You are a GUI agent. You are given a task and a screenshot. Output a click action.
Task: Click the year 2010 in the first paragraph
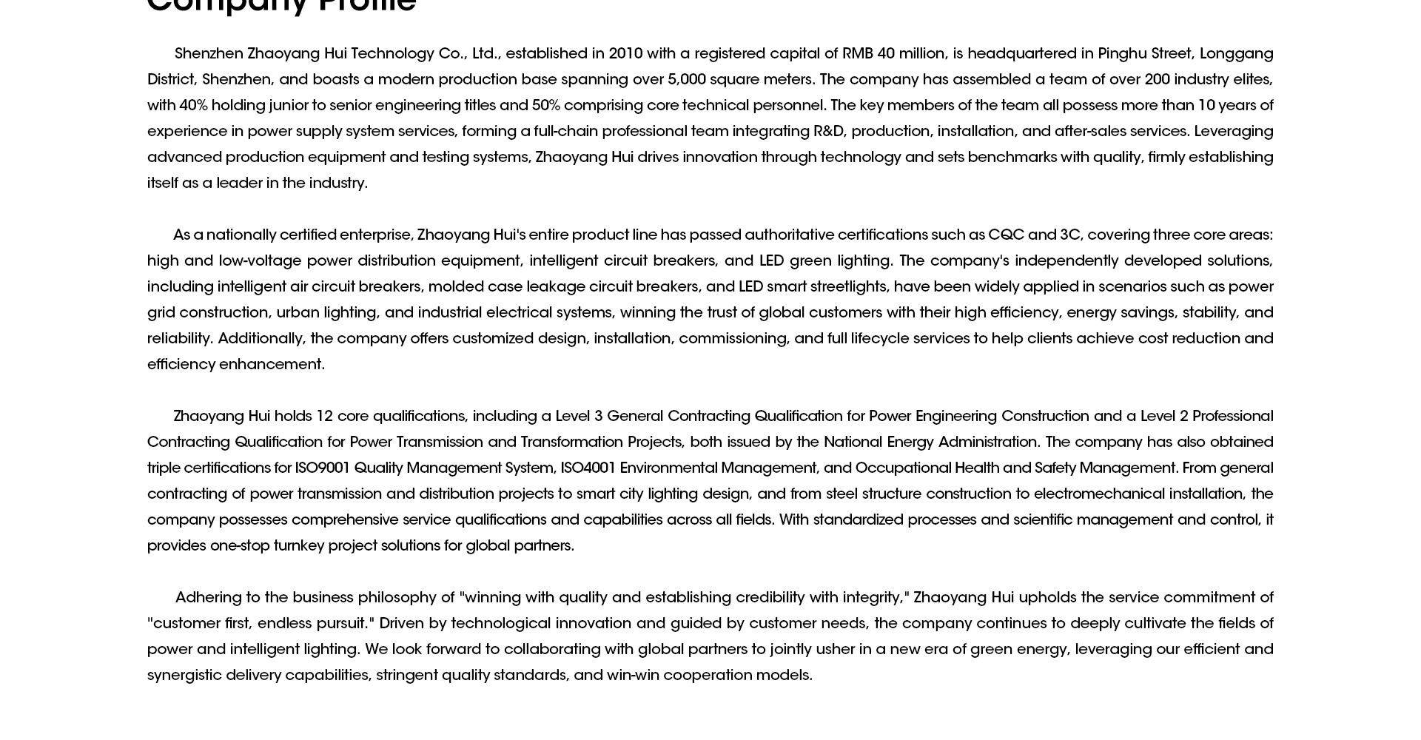click(x=625, y=54)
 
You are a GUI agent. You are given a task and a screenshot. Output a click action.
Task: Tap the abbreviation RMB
click(x=857, y=54)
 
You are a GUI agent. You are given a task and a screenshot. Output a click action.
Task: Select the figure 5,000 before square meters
click(x=686, y=80)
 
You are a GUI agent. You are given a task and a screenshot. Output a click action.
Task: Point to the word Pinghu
click(x=1121, y=54)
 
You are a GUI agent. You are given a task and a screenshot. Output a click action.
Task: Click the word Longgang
click(x=1236, y=54)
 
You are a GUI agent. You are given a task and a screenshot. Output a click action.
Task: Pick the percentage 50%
click(x=545, y=106)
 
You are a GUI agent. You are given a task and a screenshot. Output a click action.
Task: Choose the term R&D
click(x=828, y=132)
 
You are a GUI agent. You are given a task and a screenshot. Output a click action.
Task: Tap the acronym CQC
click(x=1006, y=235)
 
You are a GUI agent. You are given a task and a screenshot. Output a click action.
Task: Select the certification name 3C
click(x=1069, y=235)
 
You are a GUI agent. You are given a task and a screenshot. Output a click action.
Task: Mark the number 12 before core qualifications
click(x=324, y=417)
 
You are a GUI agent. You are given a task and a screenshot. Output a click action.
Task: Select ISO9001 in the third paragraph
click(x=322, y=468)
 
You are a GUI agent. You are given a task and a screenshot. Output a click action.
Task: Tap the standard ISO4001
click(x=588, y=468)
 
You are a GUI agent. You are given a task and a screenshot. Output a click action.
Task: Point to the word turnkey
click(x=298, y=546)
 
